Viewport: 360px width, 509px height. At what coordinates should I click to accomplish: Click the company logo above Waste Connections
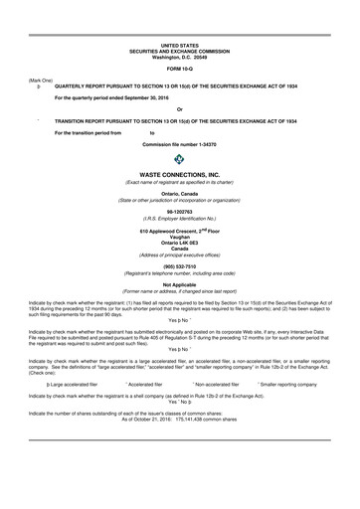pos(180,158)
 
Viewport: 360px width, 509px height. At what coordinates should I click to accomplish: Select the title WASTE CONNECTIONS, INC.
pos(180,173)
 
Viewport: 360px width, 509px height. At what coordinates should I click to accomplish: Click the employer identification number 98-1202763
pos(180,211)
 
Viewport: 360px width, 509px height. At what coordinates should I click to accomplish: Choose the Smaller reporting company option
pos(297,382)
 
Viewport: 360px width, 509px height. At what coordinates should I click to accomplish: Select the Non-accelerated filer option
pos(217,382)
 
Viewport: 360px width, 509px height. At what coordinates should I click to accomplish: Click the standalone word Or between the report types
pos(180,109)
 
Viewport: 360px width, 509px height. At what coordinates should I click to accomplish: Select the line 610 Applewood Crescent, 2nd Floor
pos(180,231)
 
